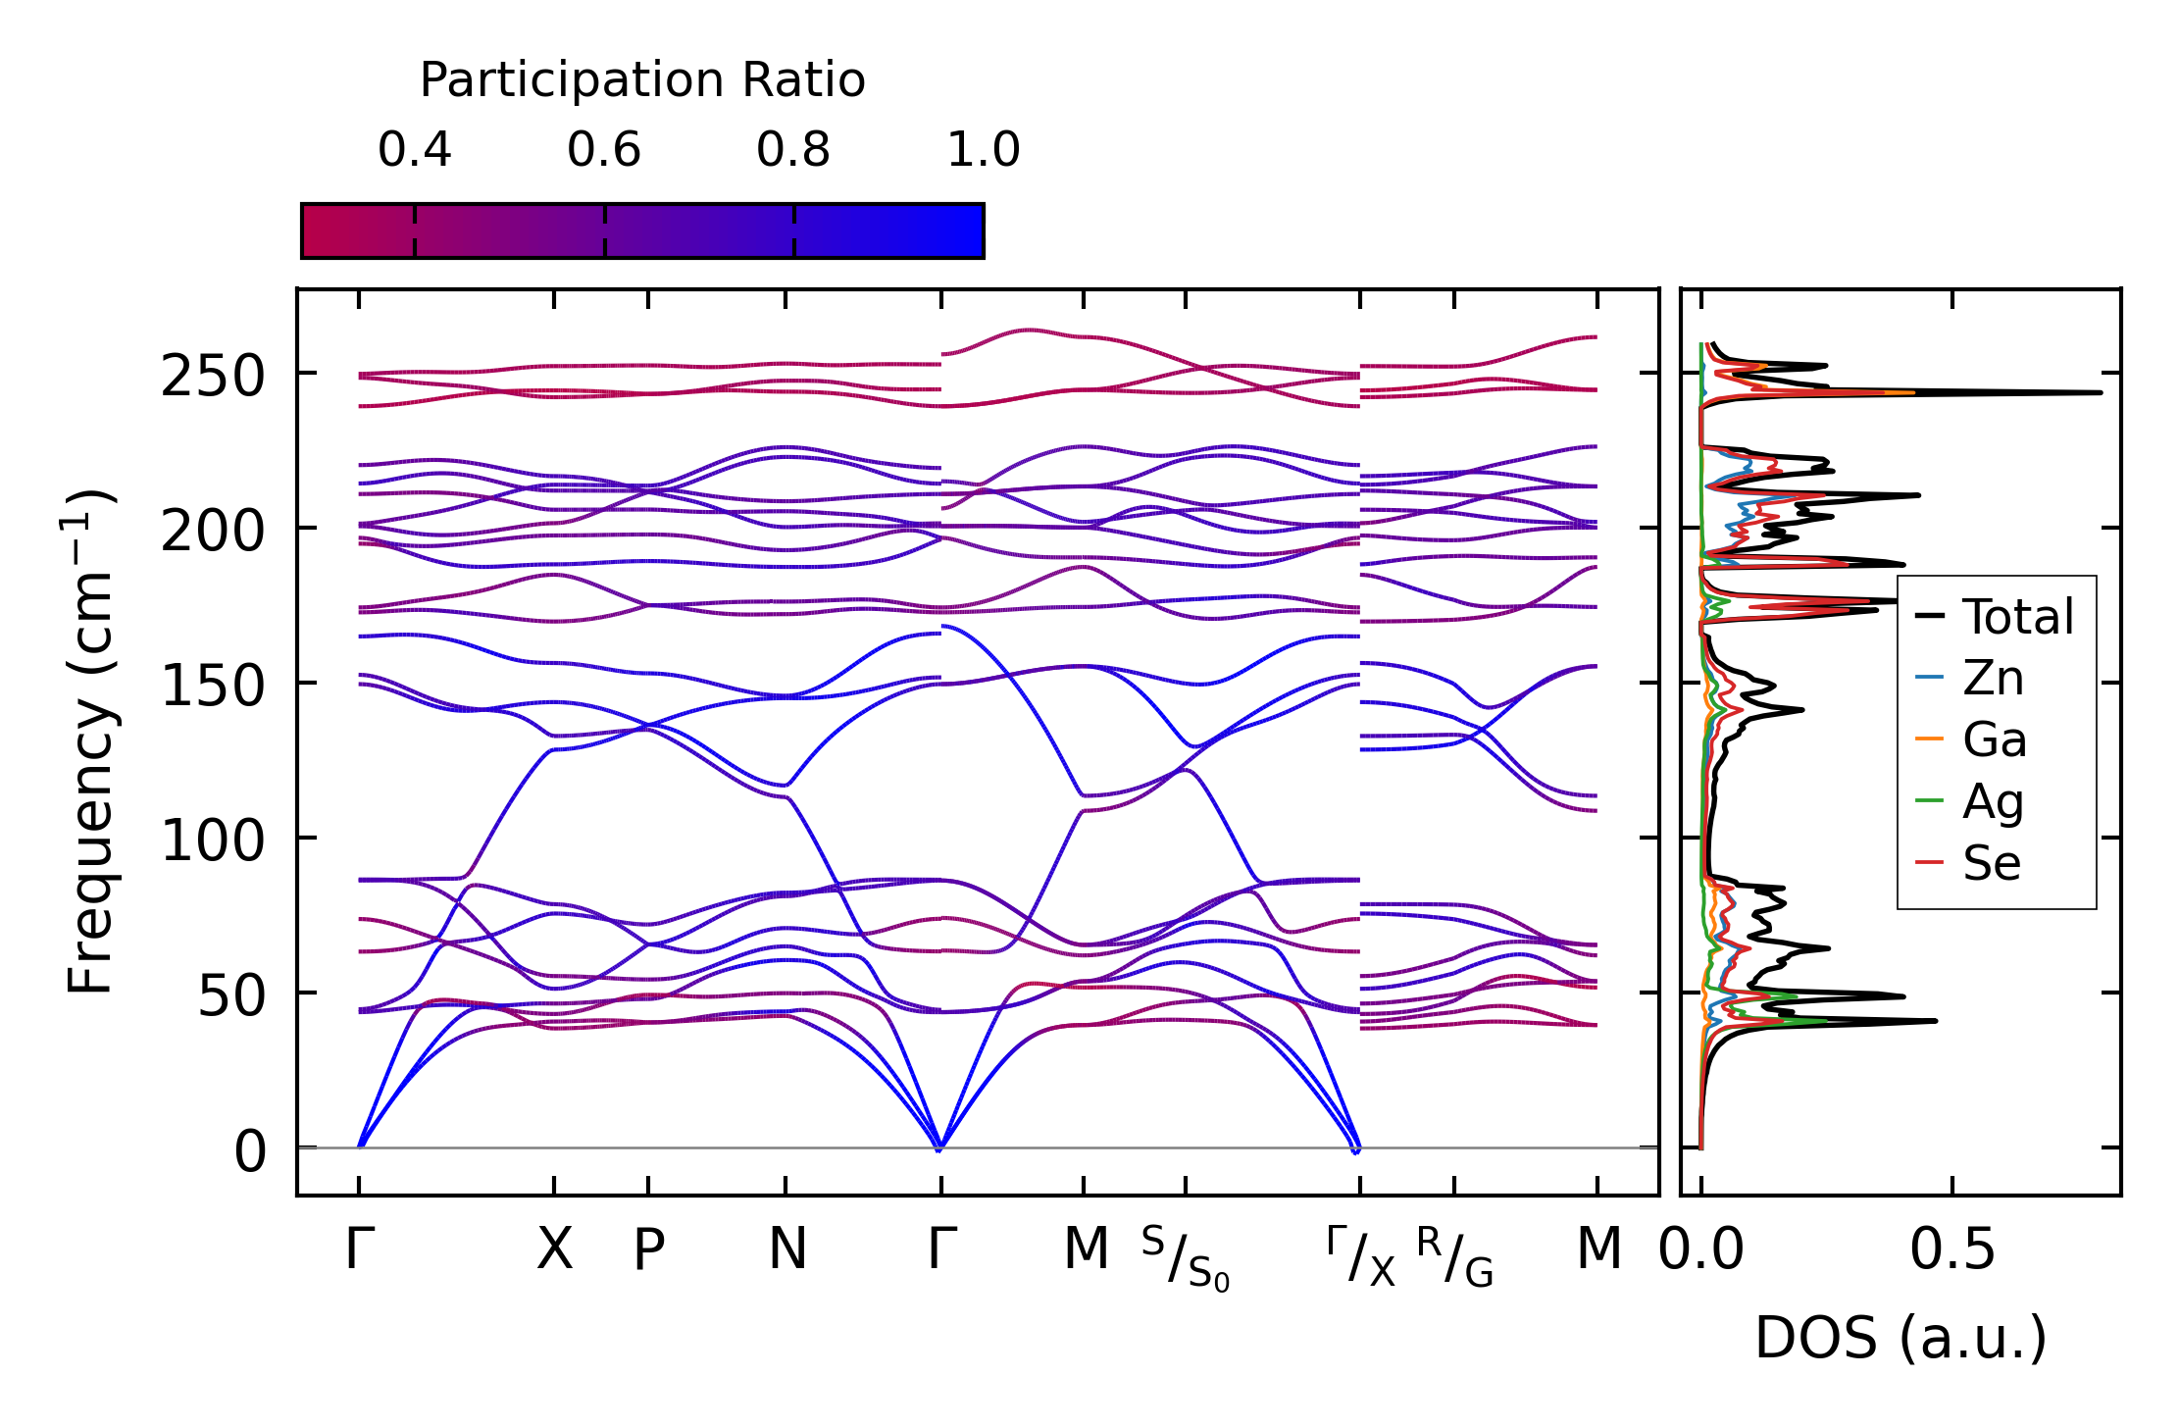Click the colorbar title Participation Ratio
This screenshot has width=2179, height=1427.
[x=642, y=80]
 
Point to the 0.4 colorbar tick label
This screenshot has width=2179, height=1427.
[x=414, y=150]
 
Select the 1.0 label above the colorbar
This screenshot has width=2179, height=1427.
[x=983, y=150]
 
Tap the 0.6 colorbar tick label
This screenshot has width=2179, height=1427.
[x=603, y=150]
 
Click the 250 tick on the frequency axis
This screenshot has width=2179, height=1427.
[x=213, y=376]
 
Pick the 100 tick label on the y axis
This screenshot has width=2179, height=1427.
[x=213, y=841]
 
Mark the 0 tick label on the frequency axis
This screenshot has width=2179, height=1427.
[x=249, y=1150]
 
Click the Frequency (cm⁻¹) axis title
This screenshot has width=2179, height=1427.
[x=91, y=741]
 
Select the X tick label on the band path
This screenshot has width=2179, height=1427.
[x=554, y=1249]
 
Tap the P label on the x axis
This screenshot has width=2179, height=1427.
[x=648, y=1249]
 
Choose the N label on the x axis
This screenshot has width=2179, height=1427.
[x=786, y=1249]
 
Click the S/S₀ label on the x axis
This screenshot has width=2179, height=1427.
[x=1185, y=1257]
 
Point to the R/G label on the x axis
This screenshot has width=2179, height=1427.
[x=1454, y=1257]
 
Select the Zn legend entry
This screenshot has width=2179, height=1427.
[x=1993, y=679]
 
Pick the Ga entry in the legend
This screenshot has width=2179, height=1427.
[x=1994, y=739]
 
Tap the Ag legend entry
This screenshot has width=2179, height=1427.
[x=1993, y=801]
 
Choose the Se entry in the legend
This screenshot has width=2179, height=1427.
[x=1991, y=863]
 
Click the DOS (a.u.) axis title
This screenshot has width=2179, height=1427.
[x=1900, y=1338]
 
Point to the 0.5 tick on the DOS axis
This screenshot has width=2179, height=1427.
[x=1951, y=1249]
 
